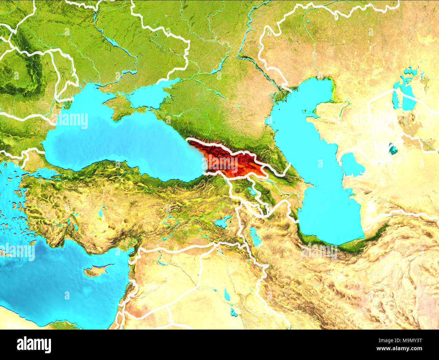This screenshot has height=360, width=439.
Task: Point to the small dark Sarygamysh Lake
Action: pyautogui.click(x=393, y=149)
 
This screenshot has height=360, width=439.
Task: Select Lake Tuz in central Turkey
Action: pyautogui.click(x=101, y=213)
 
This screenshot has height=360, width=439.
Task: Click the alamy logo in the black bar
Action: pyautogui.click(x=34, y=345)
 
